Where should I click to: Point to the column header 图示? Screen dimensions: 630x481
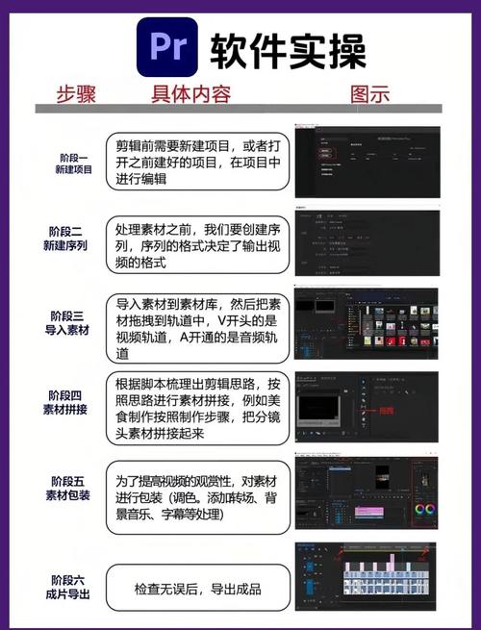(369, 94)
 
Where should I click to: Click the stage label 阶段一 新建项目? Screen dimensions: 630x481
(72, 163)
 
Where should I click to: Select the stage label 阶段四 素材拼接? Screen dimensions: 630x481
(72, 402)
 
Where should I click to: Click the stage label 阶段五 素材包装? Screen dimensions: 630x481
(72, 489)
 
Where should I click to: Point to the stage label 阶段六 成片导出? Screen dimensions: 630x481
(72, 588)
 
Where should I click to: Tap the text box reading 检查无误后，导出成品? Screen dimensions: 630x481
(197, 589)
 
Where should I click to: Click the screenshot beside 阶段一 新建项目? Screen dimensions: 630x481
(367, 161)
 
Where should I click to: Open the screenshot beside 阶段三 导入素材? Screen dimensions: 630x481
(367, 323)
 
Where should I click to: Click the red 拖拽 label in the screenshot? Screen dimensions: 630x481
(385, 411)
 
